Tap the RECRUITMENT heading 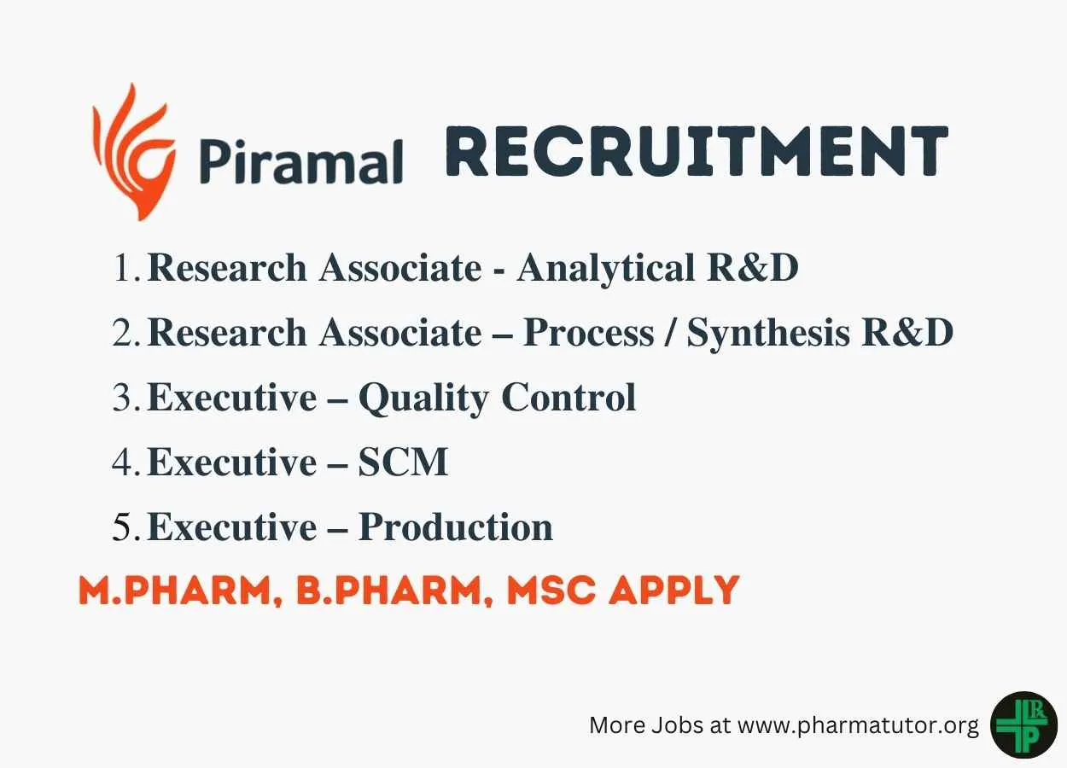coord(697,150)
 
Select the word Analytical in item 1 coord(606,269)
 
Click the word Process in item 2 coord(589,332)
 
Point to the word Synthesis coord(768,334)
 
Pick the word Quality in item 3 coord(423,399)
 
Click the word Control coord(568,397)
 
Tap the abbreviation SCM coord(403,462)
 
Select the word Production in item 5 coord(455,527)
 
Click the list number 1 coord(126,268)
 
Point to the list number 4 coord(126,462)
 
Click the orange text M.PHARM coord(181,591)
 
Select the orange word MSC coord(551,590)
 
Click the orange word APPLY coord(674,590)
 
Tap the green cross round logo coord(1024,725)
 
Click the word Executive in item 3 coord(232,397)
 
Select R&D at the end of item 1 coord(753,268)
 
